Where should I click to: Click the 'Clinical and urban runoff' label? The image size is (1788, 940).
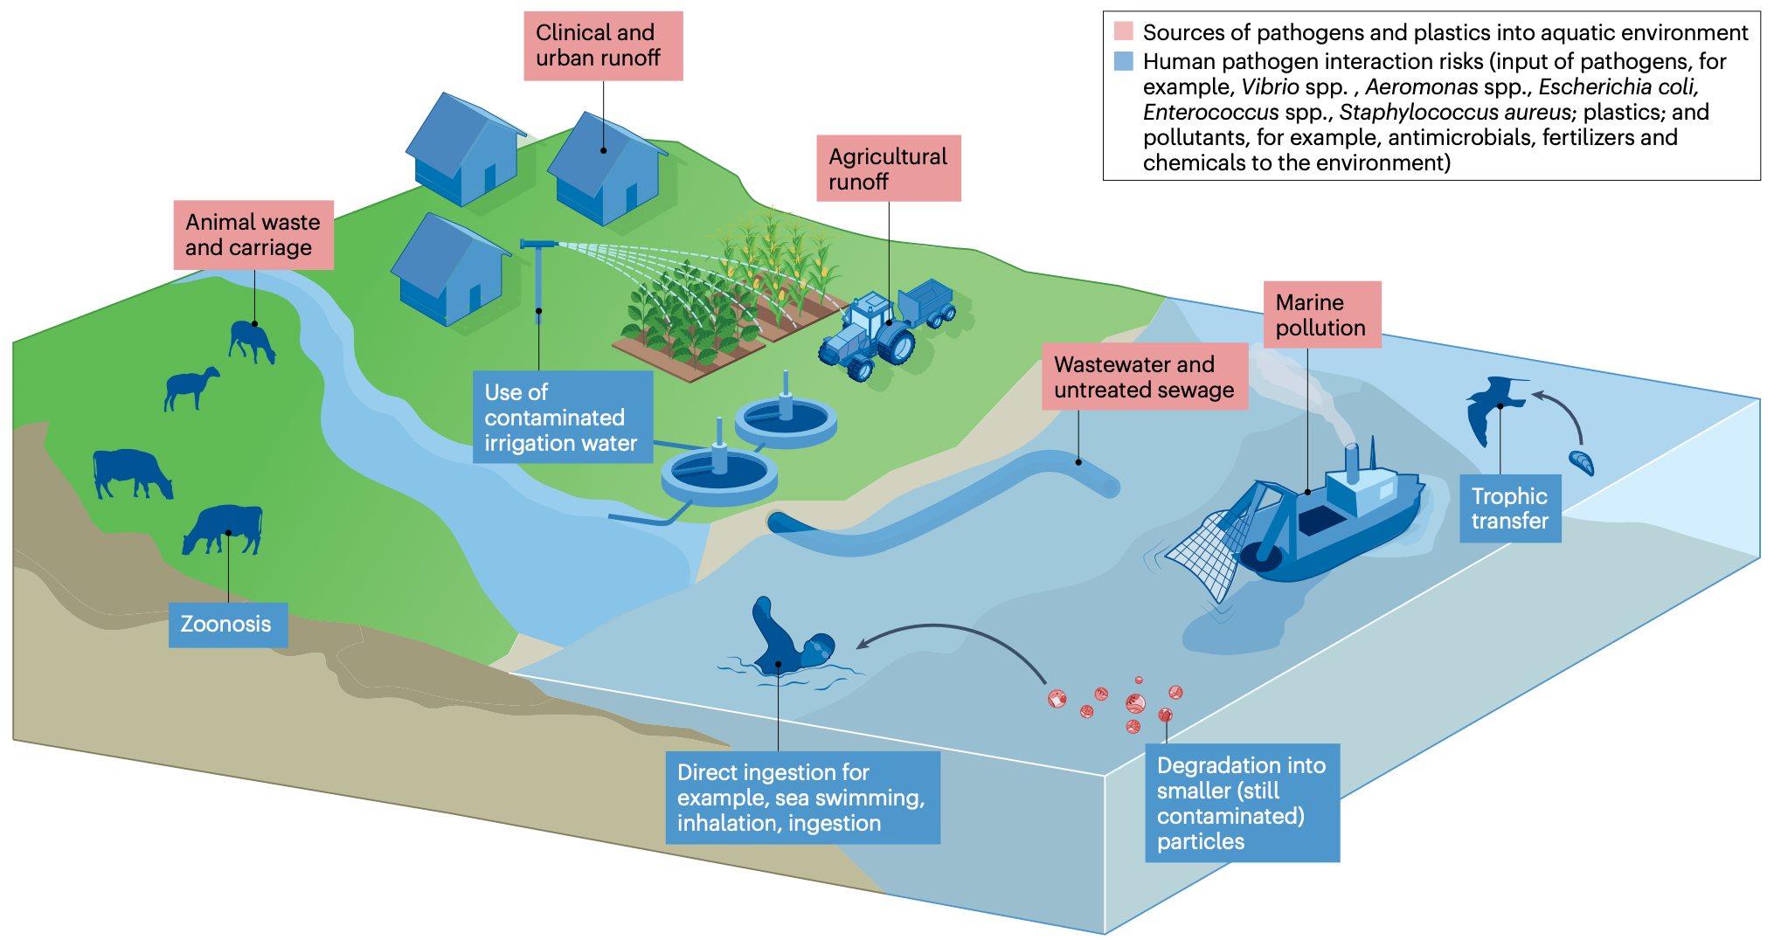pos(603,45)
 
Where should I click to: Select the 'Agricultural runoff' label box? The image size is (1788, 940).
pos(888,169)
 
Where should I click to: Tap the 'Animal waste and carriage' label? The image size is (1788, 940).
pos(253,235)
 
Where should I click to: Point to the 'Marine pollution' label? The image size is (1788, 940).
pos(1320,314)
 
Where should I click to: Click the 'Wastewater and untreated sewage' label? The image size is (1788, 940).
pos(1144,377)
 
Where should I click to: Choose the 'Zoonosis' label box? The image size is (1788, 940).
pos(227,624)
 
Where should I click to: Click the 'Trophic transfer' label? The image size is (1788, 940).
pos(1509,508)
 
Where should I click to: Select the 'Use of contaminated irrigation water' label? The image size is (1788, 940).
pos(562,418)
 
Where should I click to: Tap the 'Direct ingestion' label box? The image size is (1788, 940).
pos(801,797)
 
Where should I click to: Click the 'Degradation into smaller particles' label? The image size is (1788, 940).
pos(1241,802)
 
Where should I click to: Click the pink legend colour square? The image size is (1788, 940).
pos(1123,31)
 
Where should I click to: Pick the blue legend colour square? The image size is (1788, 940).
pos(1123,61)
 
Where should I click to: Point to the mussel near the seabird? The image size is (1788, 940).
pos(1582,462)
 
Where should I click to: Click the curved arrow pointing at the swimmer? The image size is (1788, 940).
pos(953,638)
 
